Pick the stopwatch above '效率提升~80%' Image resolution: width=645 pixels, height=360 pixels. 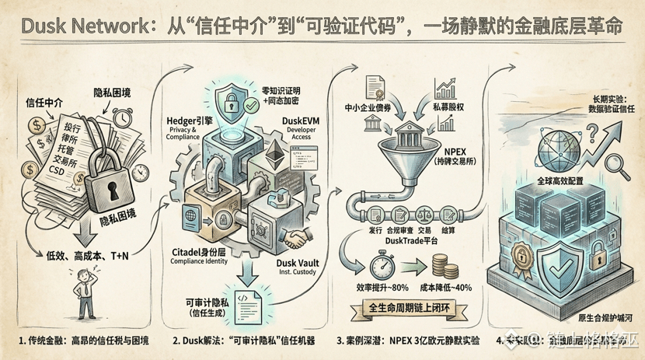tap(379, 267)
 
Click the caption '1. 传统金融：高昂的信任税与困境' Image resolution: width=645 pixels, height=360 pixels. tap(83, 341)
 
